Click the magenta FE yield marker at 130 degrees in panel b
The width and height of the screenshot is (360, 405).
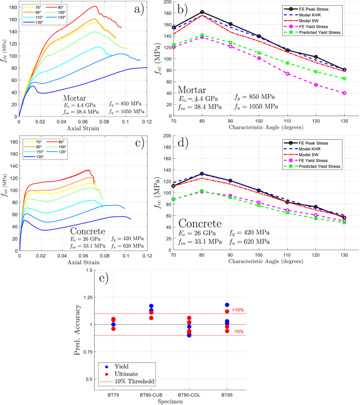[344, 93]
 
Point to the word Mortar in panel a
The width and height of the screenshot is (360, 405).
[78, 98]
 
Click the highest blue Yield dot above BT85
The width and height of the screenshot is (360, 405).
[227, 305]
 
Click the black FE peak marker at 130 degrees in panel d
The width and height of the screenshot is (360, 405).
[344, 217]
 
